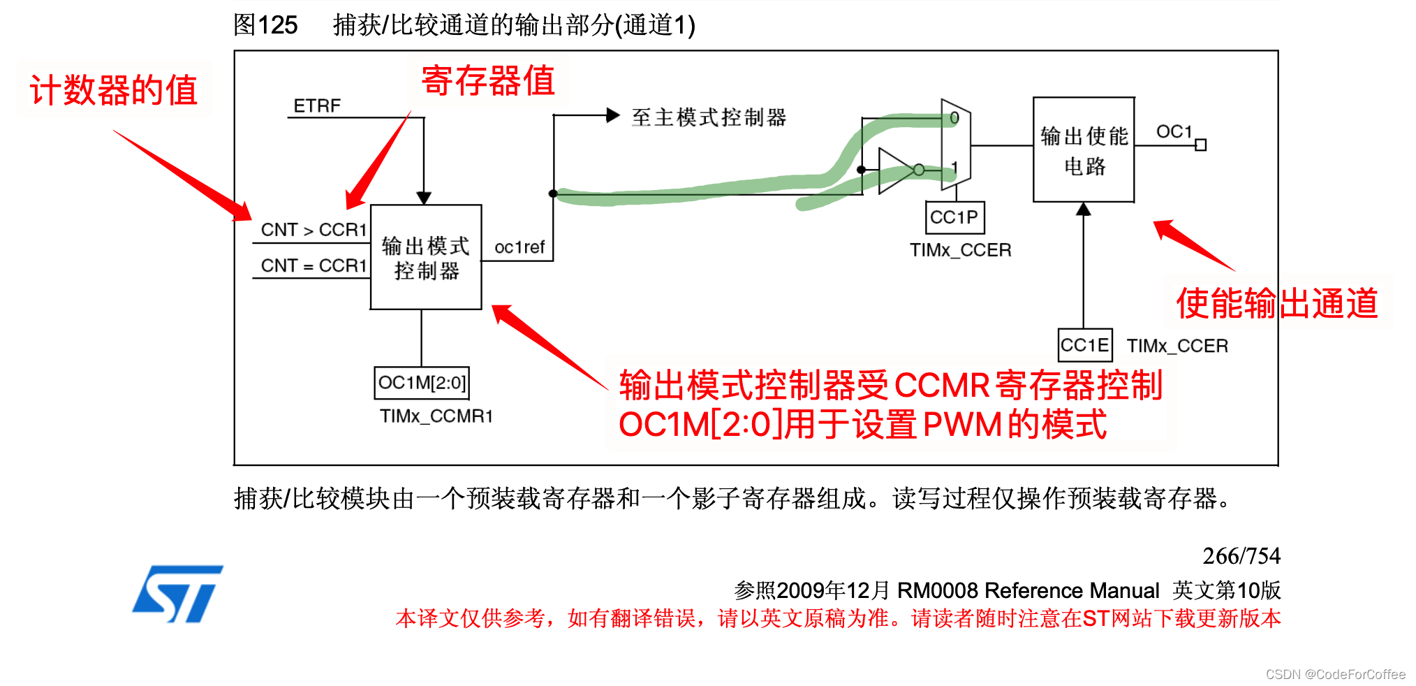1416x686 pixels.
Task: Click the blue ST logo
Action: pos(178,594)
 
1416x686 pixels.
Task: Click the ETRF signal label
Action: pos(317,106)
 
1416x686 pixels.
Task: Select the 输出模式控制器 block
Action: pos(426,257)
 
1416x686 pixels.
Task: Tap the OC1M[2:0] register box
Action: pos(422,383)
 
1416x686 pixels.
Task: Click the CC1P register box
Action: pos(954,218)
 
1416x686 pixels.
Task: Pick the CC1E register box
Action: pos(1085,345)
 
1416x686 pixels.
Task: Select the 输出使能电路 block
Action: pos(1084,150)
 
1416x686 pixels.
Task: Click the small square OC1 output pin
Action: pos(1201,145)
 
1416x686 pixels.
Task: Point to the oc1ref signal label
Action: pos(519,247)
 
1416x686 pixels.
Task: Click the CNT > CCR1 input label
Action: pos(314,230)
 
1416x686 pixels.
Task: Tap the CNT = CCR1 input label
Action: pos(314,266)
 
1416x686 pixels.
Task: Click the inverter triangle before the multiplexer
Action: pos(896,170)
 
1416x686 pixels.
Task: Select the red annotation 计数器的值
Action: pos(114,91)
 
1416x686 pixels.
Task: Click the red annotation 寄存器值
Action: pos(488,80)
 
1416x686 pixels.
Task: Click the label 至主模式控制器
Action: pos(709,117)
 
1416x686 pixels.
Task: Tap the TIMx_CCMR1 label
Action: pos(436,416)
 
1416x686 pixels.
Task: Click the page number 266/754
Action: pos(1241,556)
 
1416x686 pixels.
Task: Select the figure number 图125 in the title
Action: pos(265,25)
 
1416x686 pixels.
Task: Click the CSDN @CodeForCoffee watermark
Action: pos(1336,674)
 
